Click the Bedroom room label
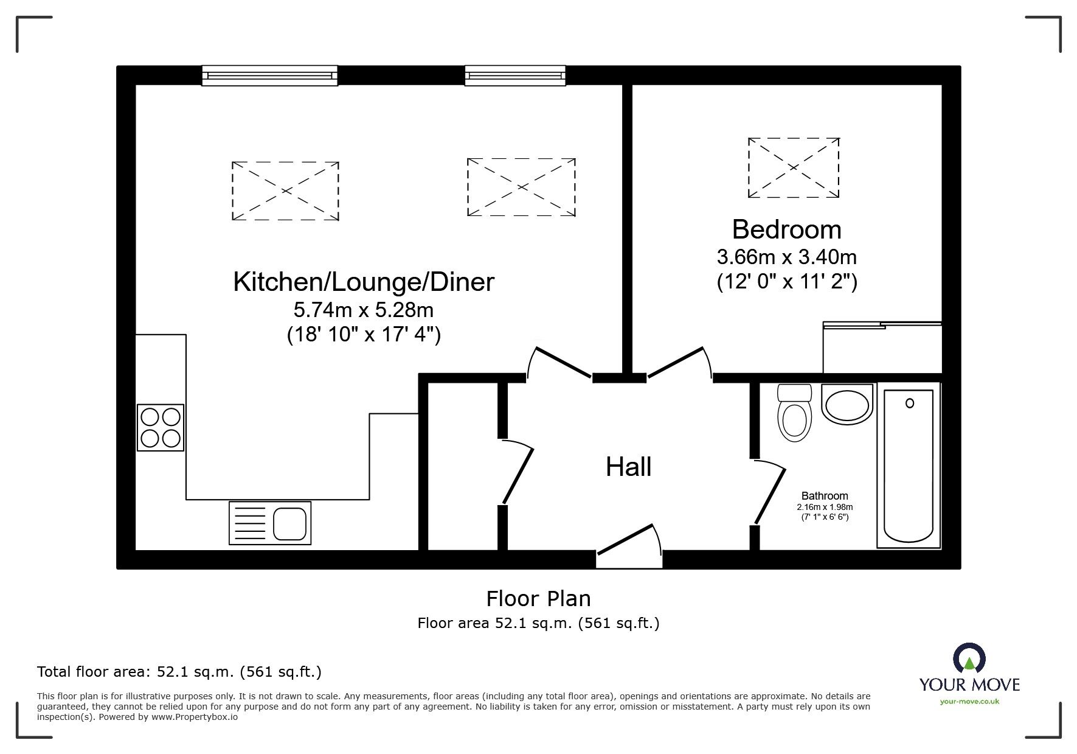tap(786, 229)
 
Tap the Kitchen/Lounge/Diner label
tap(364, 282)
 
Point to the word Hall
tap(628, 467)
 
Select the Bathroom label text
tap(825, 496)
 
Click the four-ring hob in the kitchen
tap(161, 427)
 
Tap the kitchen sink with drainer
tap(270, 523)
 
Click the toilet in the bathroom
tap(794, 413)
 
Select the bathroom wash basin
tap(847, 403)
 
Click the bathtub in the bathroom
tap(908, 466)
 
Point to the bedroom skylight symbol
tap(794, 167)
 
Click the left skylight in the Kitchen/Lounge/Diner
tap(285, 190)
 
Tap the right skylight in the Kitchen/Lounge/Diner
tap(521, 187)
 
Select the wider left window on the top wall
tap(269, 75)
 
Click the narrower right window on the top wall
tap(515, 75)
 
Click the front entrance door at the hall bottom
tap(629, 545)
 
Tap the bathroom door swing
tap(769, 492)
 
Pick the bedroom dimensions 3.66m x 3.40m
tap(786, 257)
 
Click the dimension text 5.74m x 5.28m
tap(364, 310)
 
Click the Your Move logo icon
tap(969, 659)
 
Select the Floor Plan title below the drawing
tap(538, 599)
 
